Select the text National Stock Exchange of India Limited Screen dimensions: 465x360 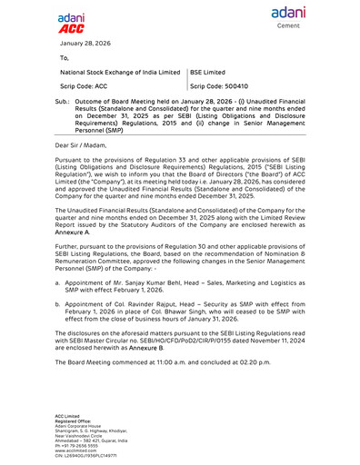point(120,71)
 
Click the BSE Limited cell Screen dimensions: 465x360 point(207,71)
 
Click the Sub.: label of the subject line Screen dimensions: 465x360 point(63,104)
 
